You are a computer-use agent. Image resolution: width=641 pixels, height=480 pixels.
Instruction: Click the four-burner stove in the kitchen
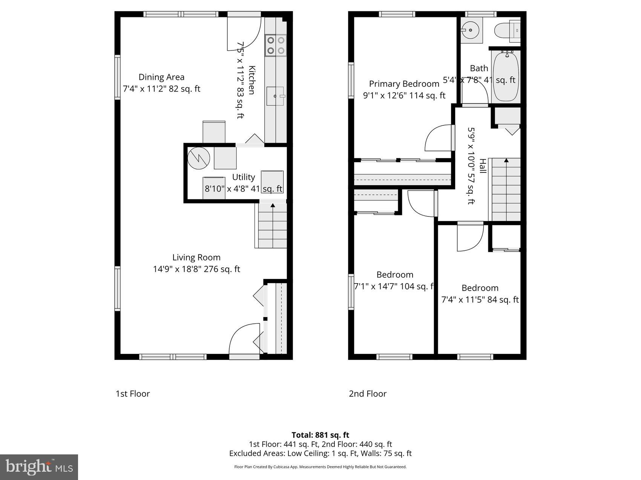point(276,45)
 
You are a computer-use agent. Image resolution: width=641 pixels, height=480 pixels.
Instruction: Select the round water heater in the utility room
point(199,158)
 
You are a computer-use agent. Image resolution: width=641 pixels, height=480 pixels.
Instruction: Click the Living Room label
point(196,258)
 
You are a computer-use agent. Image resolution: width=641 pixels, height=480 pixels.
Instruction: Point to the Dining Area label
point(161,77)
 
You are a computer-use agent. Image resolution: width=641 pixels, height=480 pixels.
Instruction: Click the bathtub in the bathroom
point(506,77)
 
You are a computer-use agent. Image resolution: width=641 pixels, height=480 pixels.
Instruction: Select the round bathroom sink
point(470,30)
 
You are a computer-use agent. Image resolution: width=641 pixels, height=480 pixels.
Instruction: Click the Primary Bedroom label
point(404,84)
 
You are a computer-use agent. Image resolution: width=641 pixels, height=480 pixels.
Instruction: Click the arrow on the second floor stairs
point(506,161)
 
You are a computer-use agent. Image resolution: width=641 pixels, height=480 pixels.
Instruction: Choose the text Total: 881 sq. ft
point(320,435)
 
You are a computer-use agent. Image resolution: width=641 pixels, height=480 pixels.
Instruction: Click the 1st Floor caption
point(132,394)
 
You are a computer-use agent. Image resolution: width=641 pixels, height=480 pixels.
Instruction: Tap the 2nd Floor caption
point(367,394)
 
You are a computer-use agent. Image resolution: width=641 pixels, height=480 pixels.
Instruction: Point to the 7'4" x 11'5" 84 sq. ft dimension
point(480,300)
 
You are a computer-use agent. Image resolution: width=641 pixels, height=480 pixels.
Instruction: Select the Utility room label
point(243,177)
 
